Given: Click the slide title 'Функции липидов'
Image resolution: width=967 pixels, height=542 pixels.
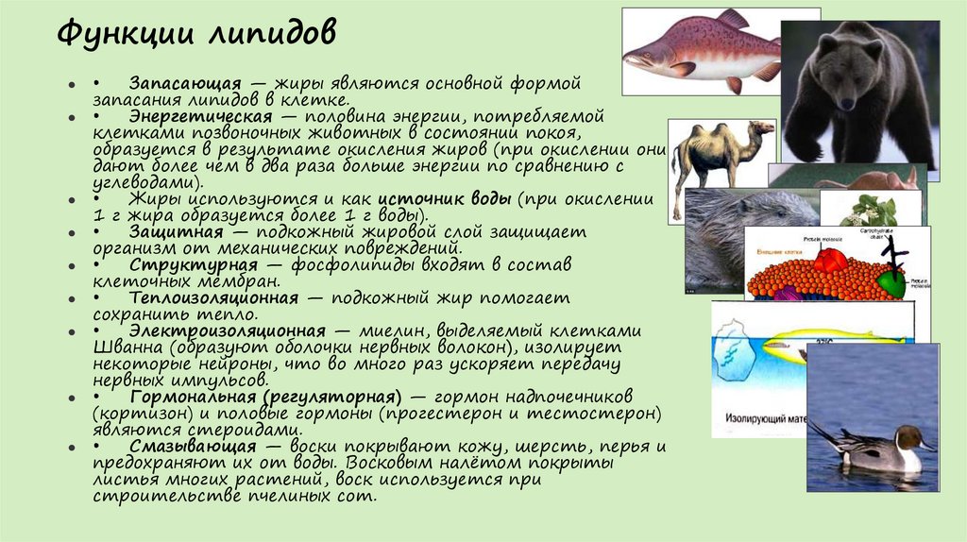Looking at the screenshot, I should pos(196,36).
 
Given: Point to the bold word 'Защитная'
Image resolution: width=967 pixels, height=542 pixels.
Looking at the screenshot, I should pos(177,231).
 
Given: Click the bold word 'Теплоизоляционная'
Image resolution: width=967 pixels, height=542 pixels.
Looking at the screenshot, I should pos(214,297).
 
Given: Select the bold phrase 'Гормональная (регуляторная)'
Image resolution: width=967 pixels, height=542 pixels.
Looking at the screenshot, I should pos(266,397).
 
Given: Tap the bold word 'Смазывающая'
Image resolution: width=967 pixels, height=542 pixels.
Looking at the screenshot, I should pos(193,446).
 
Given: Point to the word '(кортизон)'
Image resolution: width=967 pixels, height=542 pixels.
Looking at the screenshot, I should pos(128,413).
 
